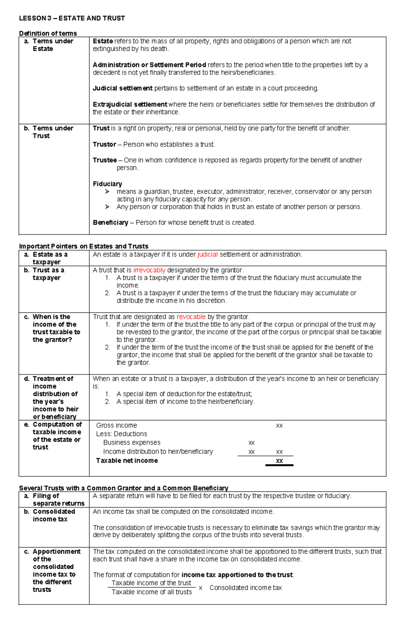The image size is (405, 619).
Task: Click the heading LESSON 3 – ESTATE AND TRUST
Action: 72,18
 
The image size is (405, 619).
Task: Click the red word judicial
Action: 207,255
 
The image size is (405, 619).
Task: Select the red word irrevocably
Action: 149,270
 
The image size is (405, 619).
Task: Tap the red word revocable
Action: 191,317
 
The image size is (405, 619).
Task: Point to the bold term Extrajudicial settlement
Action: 130,105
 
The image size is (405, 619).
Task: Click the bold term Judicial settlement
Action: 123,88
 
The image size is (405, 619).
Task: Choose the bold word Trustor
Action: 104,144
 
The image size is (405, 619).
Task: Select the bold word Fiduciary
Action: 107,184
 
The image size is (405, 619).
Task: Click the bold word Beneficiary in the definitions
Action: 110,223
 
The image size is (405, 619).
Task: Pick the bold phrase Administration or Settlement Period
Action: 149,65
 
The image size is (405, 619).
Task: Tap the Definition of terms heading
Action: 48,33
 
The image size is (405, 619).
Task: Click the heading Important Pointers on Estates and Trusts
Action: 84,246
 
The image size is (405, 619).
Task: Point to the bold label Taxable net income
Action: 127,461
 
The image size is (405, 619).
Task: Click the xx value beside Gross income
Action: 279,426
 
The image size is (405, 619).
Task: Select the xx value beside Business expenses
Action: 251,443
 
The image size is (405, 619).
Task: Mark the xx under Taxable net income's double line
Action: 279,461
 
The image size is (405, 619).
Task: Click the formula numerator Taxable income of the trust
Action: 151,583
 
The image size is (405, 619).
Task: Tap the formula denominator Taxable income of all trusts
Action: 152,592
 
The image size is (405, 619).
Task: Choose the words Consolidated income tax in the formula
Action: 245,588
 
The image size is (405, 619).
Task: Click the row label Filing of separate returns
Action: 54,500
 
